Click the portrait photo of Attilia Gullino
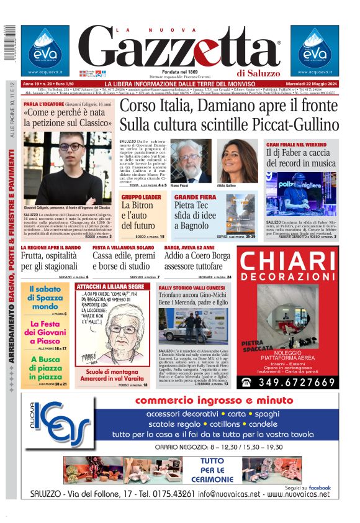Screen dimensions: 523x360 [x=237, y=160]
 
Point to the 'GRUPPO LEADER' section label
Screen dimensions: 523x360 [x=141, y=197]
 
